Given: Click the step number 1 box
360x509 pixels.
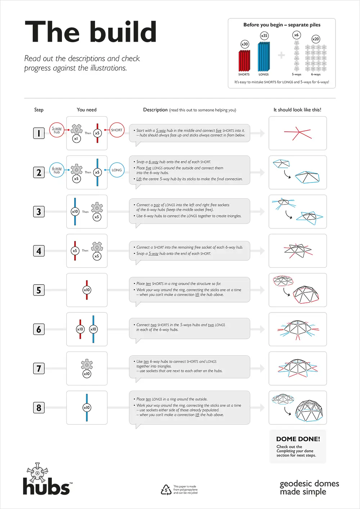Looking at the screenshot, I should [x=39, y=133].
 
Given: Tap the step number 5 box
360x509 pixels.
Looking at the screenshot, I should [x=39, y=290].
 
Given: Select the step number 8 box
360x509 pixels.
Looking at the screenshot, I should [x=39, y=408].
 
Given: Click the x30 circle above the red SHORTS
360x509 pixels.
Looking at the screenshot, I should [x=245, y=44].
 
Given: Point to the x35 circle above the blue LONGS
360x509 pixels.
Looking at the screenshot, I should [x=264, y=36].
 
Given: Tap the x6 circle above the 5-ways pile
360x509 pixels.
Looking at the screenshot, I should [x=296, y=35].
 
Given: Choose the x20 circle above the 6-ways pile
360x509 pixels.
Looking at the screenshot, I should [x=316, y=39].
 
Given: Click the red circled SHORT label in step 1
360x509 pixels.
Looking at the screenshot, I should [x=117, y=130].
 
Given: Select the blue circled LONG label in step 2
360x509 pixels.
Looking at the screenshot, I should [x=117, y=170].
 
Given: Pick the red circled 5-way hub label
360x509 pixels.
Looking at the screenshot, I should [x=57, y=130].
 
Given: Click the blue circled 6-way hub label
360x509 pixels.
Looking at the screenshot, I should [x=57, y=170].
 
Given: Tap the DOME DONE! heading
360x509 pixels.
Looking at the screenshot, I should [x=298, y=439].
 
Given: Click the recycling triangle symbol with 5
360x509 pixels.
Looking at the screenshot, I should [x=166, y=490].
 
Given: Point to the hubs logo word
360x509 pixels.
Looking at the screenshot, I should [x=46, y=487].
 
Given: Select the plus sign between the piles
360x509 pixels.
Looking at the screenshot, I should [x=282, y=55].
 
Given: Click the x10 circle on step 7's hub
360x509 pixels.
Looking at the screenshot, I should [x=87, y=374].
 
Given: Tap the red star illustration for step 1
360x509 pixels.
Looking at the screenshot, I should [x=297, y=133].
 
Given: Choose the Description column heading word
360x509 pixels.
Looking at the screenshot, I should [x=155, y=110].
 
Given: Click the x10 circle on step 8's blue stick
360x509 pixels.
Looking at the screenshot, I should [x=87, y=407].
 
